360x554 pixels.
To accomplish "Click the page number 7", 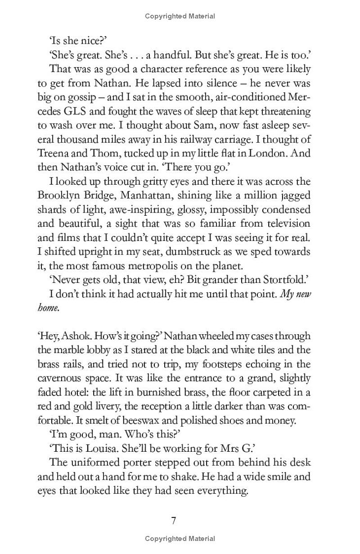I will coord(174,521).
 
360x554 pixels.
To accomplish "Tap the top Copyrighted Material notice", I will coord(180,16).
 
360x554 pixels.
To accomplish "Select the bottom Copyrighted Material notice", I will coord(180,539).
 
